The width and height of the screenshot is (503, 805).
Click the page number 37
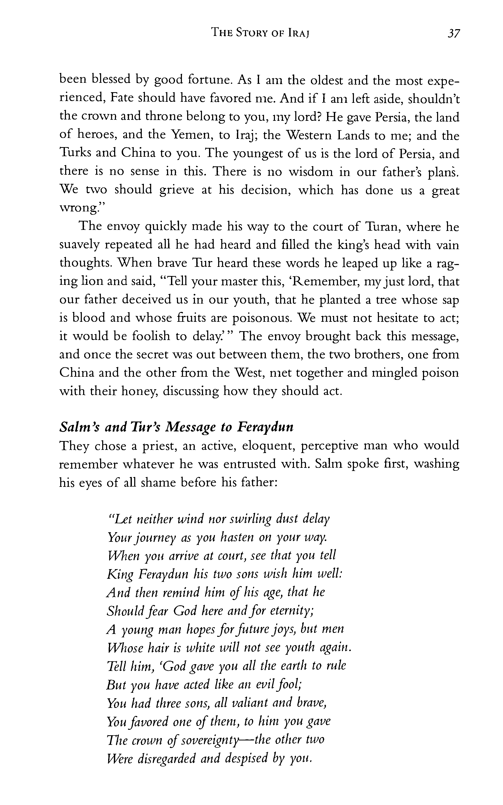tap(453, 34)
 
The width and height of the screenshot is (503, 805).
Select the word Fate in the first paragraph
tap(122, 98)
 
